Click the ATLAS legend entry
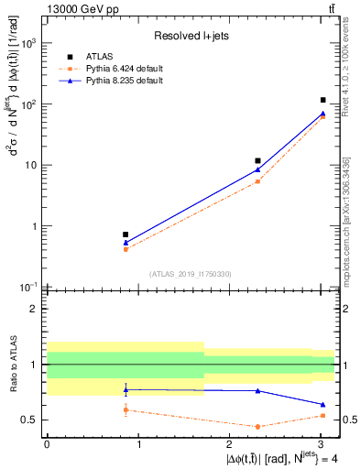[x=103, y=57]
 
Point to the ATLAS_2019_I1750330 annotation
[x=191, y=274]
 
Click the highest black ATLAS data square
[x=323, y=100]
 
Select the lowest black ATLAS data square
[x=125, y=234]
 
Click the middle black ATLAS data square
[x=257, y=160]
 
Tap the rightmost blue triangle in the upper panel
[x=323, y=114]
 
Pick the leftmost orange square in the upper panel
[x=125, y=249]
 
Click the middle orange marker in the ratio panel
[x=257, y=427]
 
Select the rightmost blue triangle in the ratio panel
[x=323, y=404]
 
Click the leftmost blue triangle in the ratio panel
[x=125, y=389]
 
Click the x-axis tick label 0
[x=47, y=443]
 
